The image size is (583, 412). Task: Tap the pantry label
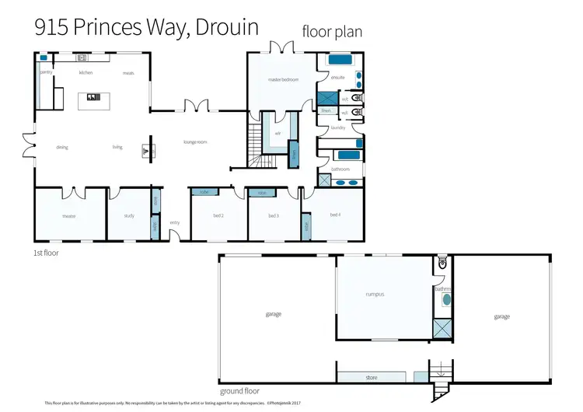[x=46, y=72]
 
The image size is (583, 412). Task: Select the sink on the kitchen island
[x=93, y=97]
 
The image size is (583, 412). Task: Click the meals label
[x=128, y=73]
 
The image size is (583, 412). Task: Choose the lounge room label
[x=194, y=142]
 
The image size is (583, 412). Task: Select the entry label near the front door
[x=175, y=223]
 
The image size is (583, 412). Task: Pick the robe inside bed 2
[x=204, y=192]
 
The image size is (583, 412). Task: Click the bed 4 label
[x=335, y=215]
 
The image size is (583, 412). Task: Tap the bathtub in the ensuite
[x=340, y=59]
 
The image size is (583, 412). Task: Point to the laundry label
[x=337, y=127]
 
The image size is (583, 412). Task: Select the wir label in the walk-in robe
[x=277, y=133]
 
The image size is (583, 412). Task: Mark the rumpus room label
[x=375, y=295]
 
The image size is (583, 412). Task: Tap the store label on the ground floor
[x=372, y=378]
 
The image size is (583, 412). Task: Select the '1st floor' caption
[x=46, y=253]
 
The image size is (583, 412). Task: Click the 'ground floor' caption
[x=240, y=391]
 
